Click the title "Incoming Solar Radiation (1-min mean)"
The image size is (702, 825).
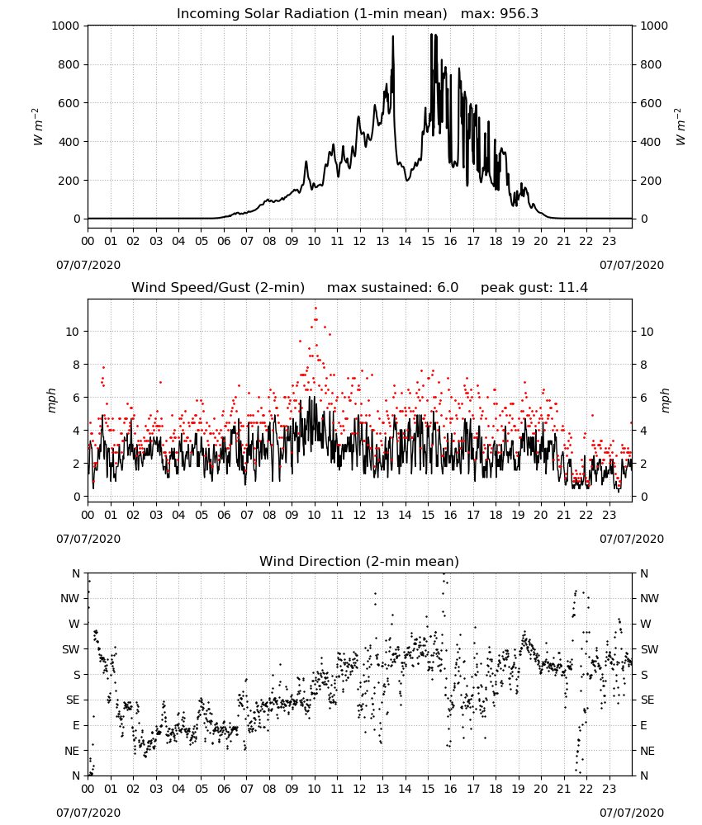point(311,14)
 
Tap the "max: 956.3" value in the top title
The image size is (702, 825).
point(500,14)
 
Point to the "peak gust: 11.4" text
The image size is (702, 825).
point(534,288)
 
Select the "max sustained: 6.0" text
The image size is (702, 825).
point(392,288)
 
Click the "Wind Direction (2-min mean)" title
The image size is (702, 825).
point(359,561)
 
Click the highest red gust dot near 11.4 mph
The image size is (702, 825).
point(316,309)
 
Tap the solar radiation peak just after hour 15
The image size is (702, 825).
point(431,34)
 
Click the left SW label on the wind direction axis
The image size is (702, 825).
point(70,649)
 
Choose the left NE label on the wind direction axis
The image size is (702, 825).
point(72,751)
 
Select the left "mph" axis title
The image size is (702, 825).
point(51,400)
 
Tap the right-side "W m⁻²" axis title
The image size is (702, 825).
point(680,127)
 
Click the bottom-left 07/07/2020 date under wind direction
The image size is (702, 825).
point(88,813)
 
